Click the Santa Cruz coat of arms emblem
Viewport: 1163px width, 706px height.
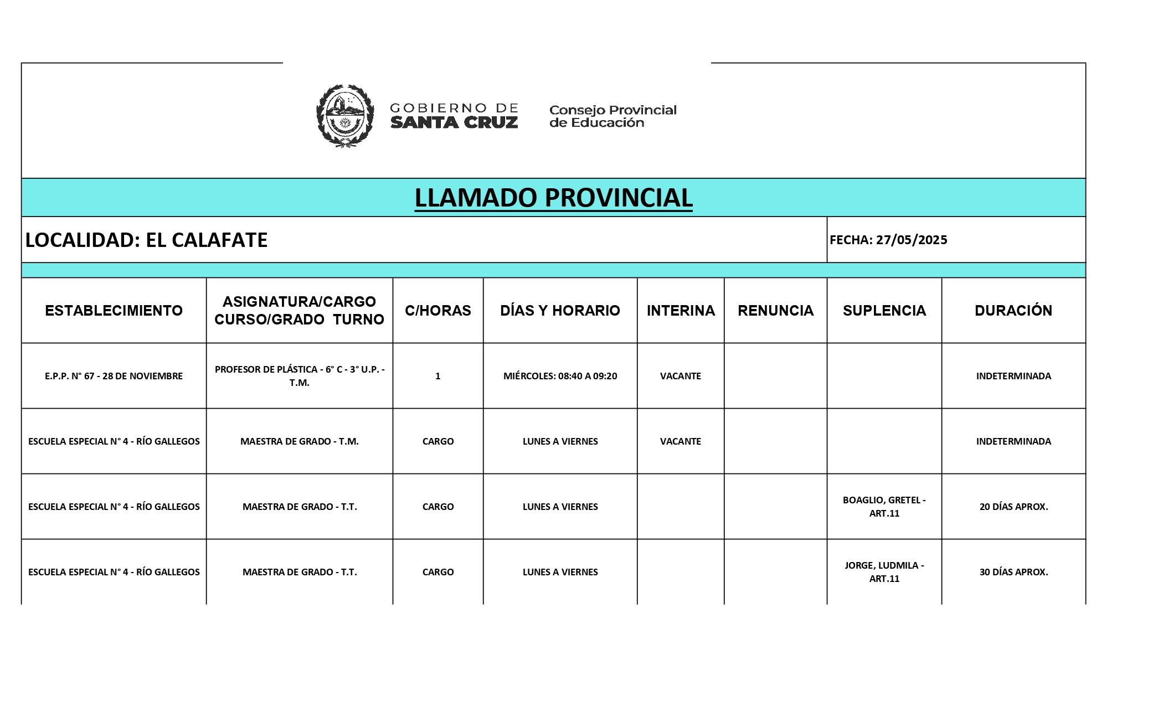(344, 116)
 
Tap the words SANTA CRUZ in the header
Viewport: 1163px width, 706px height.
(454, 122)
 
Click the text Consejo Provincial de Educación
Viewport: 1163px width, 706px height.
(613, 116)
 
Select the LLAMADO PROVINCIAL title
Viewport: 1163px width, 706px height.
(553, 198)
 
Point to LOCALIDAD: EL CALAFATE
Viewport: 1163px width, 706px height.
(147, 240)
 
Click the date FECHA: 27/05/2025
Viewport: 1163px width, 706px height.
(888, 240)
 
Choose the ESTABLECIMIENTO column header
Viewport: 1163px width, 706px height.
(114, 311)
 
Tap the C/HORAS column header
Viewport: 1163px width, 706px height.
(438, 311)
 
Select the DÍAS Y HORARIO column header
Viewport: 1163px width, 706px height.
(560, 311)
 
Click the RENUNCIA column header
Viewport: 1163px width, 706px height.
(775, 311)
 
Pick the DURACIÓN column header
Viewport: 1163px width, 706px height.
(1013, 311)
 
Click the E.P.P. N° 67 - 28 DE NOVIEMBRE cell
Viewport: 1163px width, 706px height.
(114, 376)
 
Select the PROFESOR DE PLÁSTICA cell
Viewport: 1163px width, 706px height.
(299, 376)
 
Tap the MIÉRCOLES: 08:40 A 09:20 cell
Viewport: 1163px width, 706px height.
(560, 376)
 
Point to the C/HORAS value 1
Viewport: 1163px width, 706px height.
(438, 376)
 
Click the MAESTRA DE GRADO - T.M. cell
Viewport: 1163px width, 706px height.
(299, 441)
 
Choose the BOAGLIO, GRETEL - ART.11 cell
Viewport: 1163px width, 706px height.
(884, 507)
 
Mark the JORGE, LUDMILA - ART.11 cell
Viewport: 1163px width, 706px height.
(884, 572)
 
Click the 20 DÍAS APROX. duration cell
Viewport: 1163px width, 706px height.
(1013, 507)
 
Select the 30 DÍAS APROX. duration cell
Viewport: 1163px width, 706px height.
(1013, 572)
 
